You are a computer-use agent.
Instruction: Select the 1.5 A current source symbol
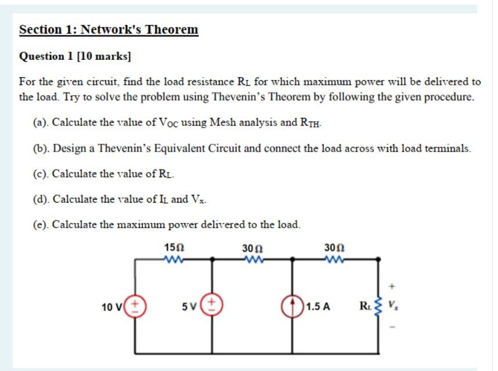[292, 306]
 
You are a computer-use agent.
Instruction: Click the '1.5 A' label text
[318, 307]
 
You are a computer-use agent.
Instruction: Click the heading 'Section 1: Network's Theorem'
[109, 30]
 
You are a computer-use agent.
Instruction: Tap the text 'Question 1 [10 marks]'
[76, 56]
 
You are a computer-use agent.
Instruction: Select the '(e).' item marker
[41, 224]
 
